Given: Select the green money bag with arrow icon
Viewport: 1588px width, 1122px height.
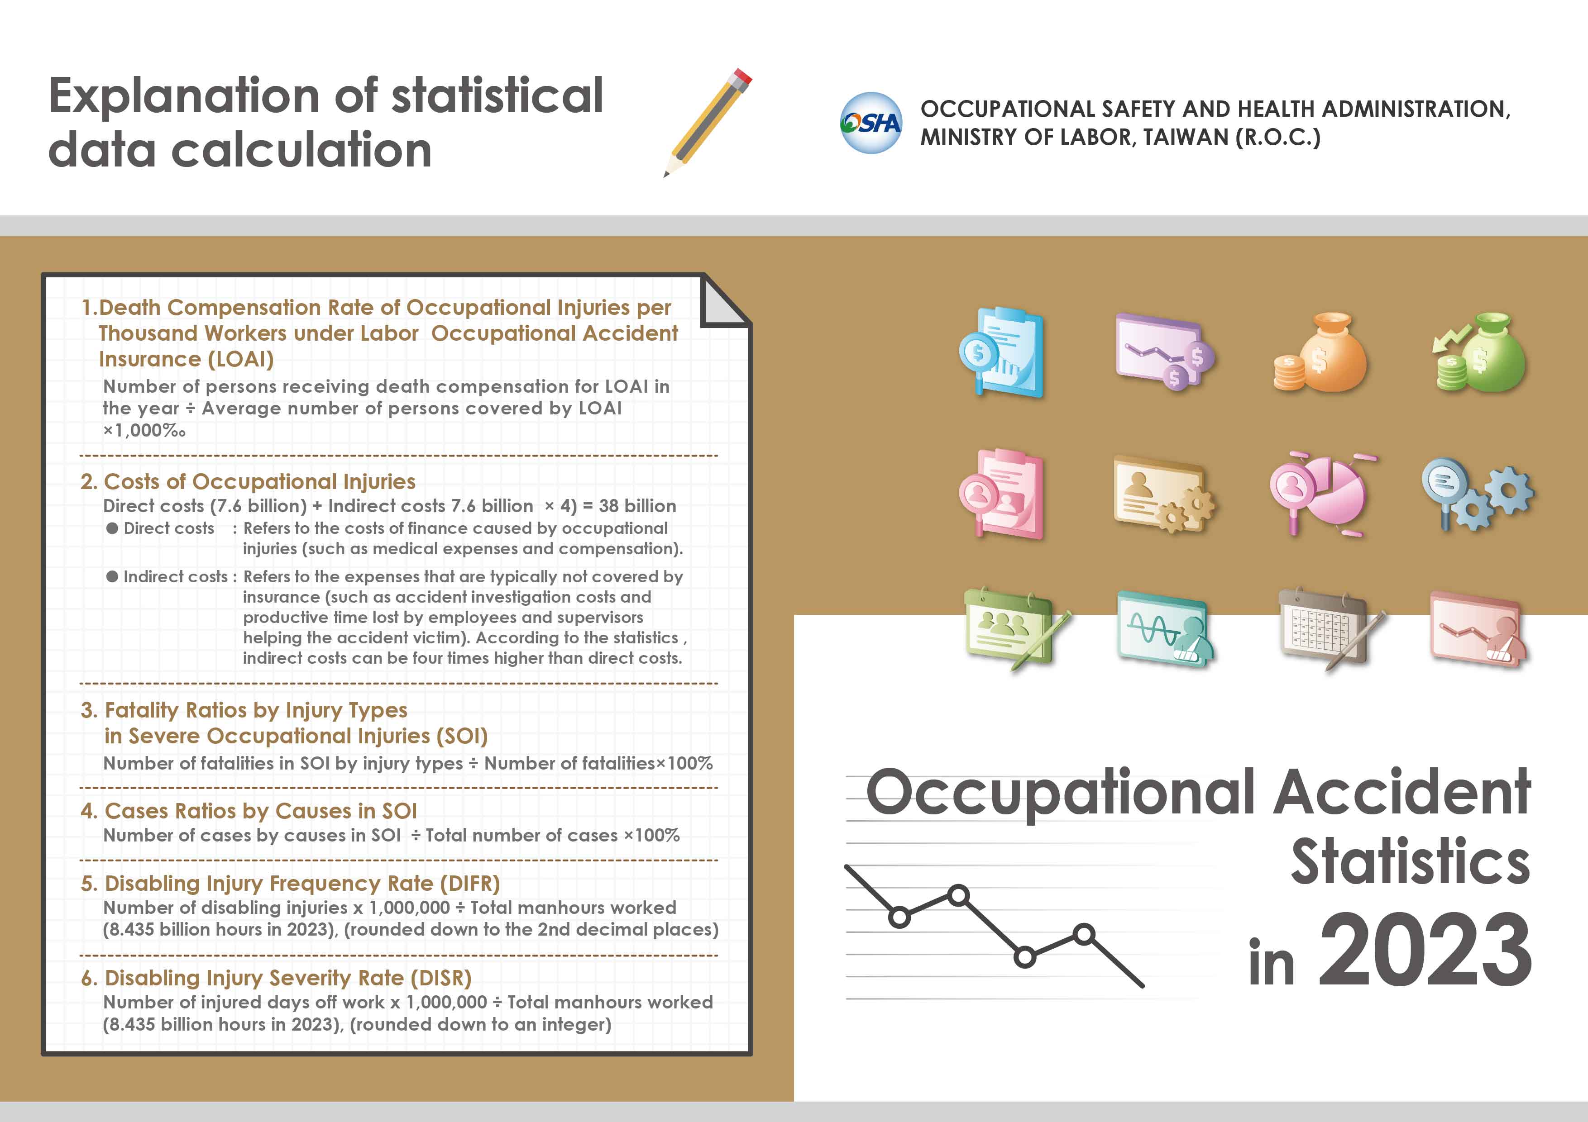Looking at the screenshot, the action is (x=1479, y=352).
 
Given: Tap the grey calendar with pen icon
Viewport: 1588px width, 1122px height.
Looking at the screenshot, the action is (x=1331, y=629).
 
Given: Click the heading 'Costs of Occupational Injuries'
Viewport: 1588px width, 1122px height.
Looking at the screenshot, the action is (x=259, y=481).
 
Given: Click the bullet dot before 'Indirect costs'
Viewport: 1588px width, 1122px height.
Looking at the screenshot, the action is (x=112, y=576).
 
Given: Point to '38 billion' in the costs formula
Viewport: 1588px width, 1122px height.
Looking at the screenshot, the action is (x=638, y=506).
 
